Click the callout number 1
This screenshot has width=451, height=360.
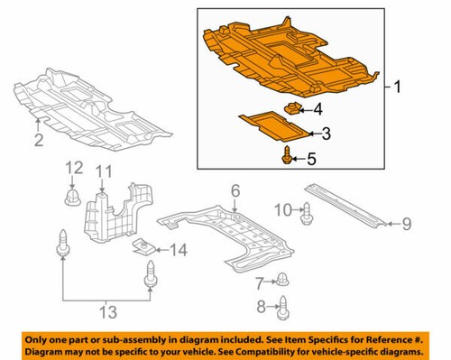(396, 87)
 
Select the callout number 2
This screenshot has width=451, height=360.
(38, 140)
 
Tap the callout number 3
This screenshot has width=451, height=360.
(326, 134)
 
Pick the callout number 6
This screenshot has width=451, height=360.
(235, 190)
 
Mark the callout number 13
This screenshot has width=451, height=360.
(108, 312)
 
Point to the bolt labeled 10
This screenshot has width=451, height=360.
(304, 213)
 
